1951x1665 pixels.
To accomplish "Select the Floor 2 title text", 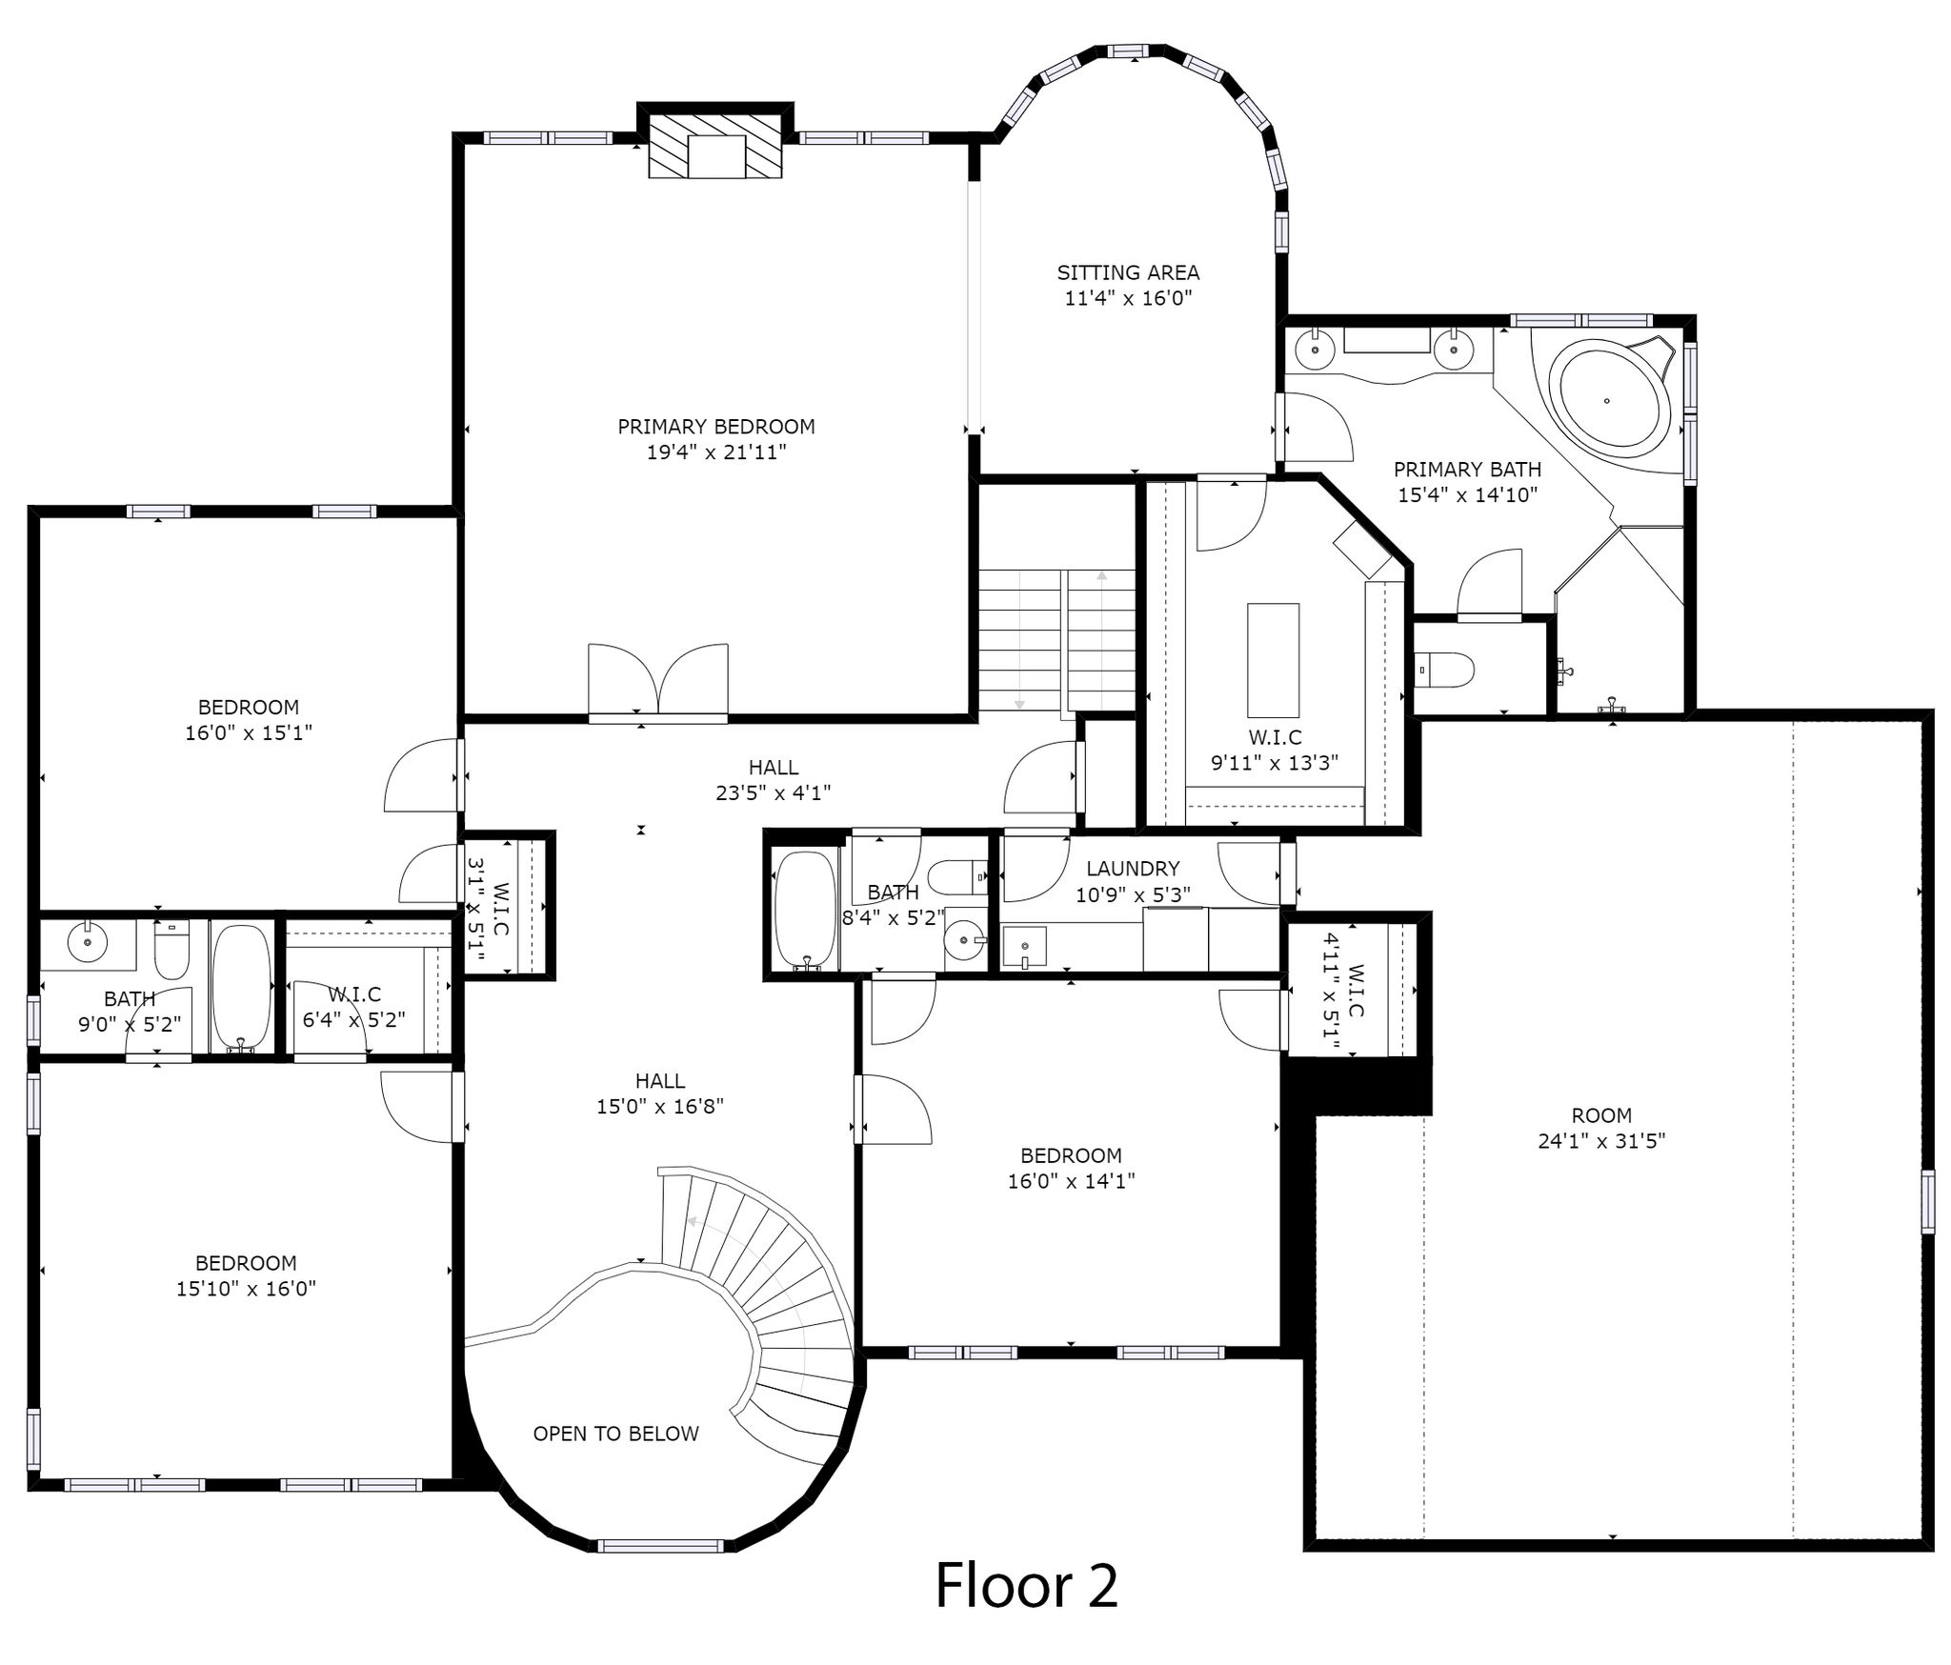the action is tap(1026, 1585).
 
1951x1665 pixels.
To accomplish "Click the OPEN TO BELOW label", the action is tap(615, 1434).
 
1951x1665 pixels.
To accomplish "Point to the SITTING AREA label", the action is tap(1128, 272).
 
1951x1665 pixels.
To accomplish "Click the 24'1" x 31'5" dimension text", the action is tap(1601, 1140).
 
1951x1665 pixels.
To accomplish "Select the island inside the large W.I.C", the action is tap(1273, 659).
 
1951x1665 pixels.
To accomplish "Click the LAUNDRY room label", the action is tap(1133, 869).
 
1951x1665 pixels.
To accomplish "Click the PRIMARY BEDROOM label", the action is tap(716, 427).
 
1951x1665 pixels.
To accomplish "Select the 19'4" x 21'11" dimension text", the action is tap(716, 452).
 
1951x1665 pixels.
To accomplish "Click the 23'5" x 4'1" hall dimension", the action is tap(774, 792).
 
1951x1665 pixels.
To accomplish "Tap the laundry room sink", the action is tap(1024, 948).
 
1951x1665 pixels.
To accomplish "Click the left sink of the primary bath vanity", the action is tap(1315, 350).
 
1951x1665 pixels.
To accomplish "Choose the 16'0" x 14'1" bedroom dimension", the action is tap(1071, 1181).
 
